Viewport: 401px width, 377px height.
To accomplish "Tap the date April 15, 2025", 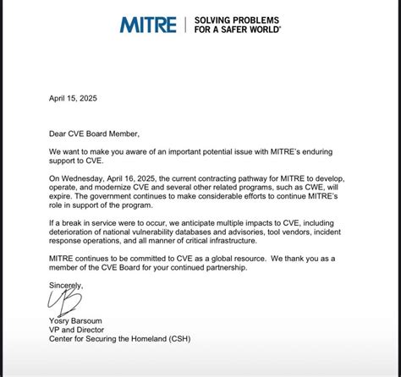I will [x=74, y=98].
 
